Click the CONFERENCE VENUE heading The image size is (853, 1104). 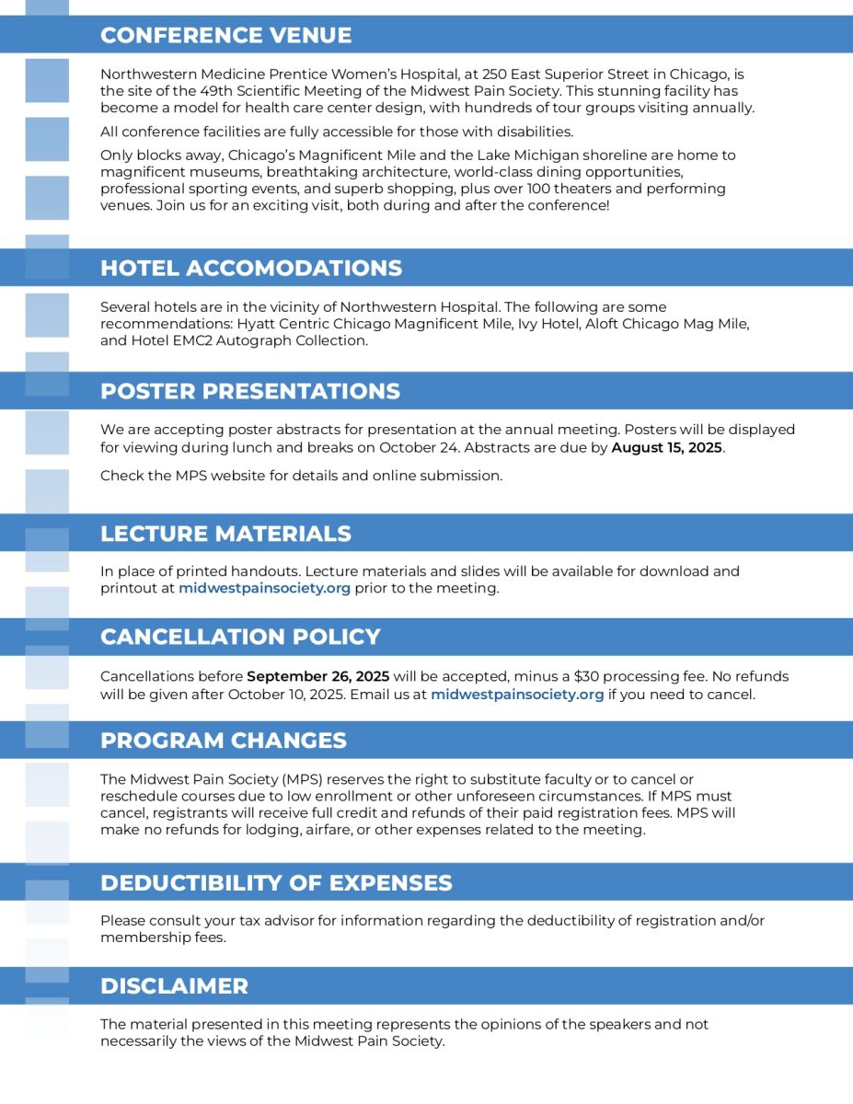click(225, 36)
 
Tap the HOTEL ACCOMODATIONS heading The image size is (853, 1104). click(250, 268)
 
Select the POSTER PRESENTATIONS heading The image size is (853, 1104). click(249, 391)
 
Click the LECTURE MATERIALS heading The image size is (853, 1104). click(225, 534)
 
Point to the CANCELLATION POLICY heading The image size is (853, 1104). click(240, 637)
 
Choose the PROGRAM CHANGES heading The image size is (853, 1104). click(223, 741)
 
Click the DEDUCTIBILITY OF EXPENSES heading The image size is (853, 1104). click(276, 883)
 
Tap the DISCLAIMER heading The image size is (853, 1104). click(174, 986)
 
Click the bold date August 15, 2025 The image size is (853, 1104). click(667, 448)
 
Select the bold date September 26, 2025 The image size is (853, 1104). click(318, 676)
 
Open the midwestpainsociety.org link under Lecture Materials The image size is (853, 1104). click(264, 589)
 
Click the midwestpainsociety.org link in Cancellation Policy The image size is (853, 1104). click(517, 695)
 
